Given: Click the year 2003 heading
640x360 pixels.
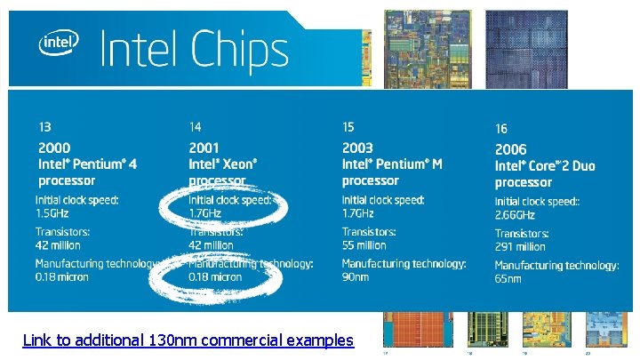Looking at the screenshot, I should pos(357,148).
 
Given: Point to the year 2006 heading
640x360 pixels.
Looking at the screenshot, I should pos(510,149).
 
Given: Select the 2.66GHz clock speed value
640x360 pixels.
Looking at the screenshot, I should pos(516,215).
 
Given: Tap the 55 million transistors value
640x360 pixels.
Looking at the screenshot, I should pos(364,245).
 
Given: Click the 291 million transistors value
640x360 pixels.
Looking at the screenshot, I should pos(520,247).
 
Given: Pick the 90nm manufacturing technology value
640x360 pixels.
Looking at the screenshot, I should pos(356,277).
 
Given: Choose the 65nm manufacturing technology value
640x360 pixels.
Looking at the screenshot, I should pos(508,279).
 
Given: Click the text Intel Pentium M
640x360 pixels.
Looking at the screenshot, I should pos(392,164).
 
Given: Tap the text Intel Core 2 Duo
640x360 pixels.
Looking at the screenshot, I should pos(545,166).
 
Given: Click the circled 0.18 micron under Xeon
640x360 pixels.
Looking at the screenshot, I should pos(214,276).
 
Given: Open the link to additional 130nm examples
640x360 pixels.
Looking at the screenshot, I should pos(188,340).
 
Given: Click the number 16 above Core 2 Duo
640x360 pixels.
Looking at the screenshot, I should pos(501,130).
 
